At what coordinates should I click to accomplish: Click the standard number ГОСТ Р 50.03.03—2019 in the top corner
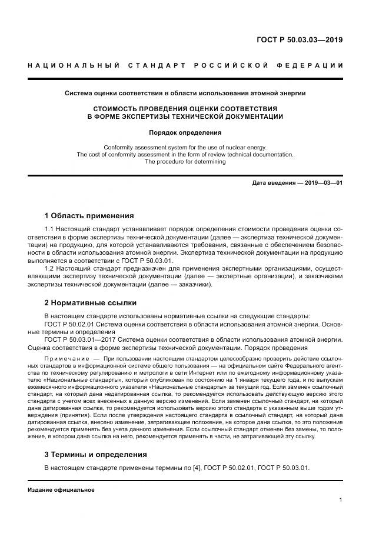tap(300, 40)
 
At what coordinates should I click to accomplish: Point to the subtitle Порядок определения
tap(185, 132)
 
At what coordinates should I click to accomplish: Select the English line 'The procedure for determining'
tap(185, 162)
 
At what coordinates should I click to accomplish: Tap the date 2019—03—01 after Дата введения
tap(322, 183)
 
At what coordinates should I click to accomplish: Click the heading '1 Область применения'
tap(89, 215)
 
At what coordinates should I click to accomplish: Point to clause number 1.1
tap(50, 229)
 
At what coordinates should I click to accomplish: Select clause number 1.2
tap(50, 267)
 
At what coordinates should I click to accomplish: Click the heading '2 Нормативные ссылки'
tap(90, 303)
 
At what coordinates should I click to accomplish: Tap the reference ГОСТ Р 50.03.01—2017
tap(80, 340)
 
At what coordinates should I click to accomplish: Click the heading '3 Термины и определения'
tap(95, 454)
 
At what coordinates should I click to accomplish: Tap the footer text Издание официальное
tap(61, 489)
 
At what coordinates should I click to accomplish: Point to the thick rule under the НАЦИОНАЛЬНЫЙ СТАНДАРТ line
tap(185, 78)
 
